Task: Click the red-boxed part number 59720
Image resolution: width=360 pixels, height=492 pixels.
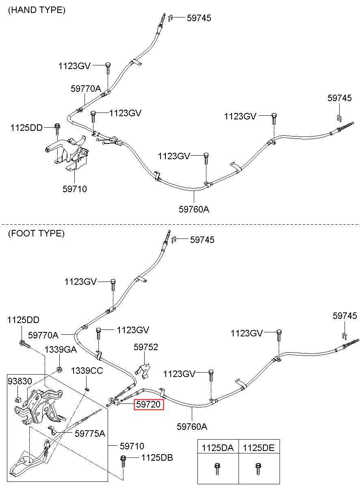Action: pos(149,405)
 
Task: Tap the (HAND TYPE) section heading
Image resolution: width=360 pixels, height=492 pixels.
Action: pos(37,11)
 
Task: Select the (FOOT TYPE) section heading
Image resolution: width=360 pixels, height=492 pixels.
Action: pos(36,234)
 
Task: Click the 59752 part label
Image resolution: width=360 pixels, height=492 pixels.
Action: pos(146,347)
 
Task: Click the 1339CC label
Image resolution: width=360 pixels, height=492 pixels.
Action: pos(87,371)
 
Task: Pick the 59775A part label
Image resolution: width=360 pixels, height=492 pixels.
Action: pos(90,433)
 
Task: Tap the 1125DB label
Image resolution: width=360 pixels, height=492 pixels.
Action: pos(157,458)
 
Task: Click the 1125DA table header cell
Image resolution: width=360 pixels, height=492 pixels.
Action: pos(218,448)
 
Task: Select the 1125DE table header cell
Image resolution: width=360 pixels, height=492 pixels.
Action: pos(259,448)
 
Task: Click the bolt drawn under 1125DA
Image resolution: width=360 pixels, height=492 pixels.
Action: pos(217,469)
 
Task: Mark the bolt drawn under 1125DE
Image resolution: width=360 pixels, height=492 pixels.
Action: pos(258,469)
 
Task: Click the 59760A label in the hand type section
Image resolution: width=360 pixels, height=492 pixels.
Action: pos(194,209)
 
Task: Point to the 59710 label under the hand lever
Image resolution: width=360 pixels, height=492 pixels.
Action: pos(75,189)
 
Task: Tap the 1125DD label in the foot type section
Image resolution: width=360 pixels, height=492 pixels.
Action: pos(23,320)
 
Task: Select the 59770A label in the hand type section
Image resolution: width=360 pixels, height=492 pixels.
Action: pos(86,89)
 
